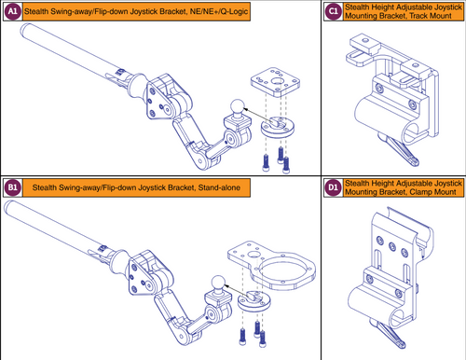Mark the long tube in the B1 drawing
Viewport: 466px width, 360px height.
pos(65,232)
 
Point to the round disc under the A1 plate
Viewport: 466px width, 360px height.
pos(277,126)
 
